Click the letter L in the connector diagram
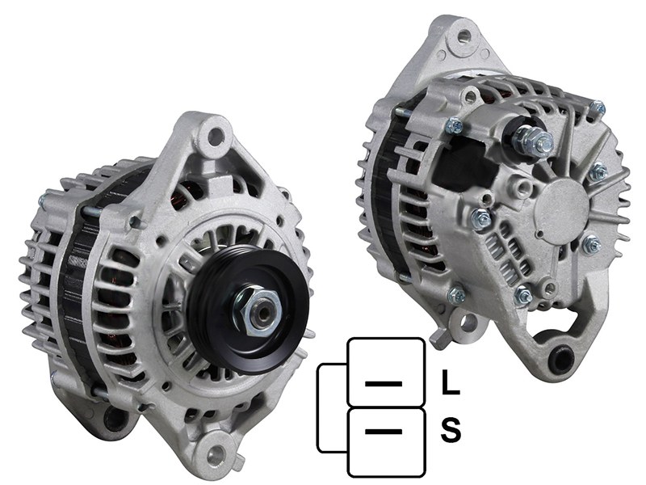(x=451, y=382)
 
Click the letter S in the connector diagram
(x=451, y=430)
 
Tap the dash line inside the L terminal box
(x=384, y=383)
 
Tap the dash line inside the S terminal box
(x=384, y=432)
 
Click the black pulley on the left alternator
(x=249, y=311)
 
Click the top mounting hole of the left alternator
(x=215, y=133)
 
